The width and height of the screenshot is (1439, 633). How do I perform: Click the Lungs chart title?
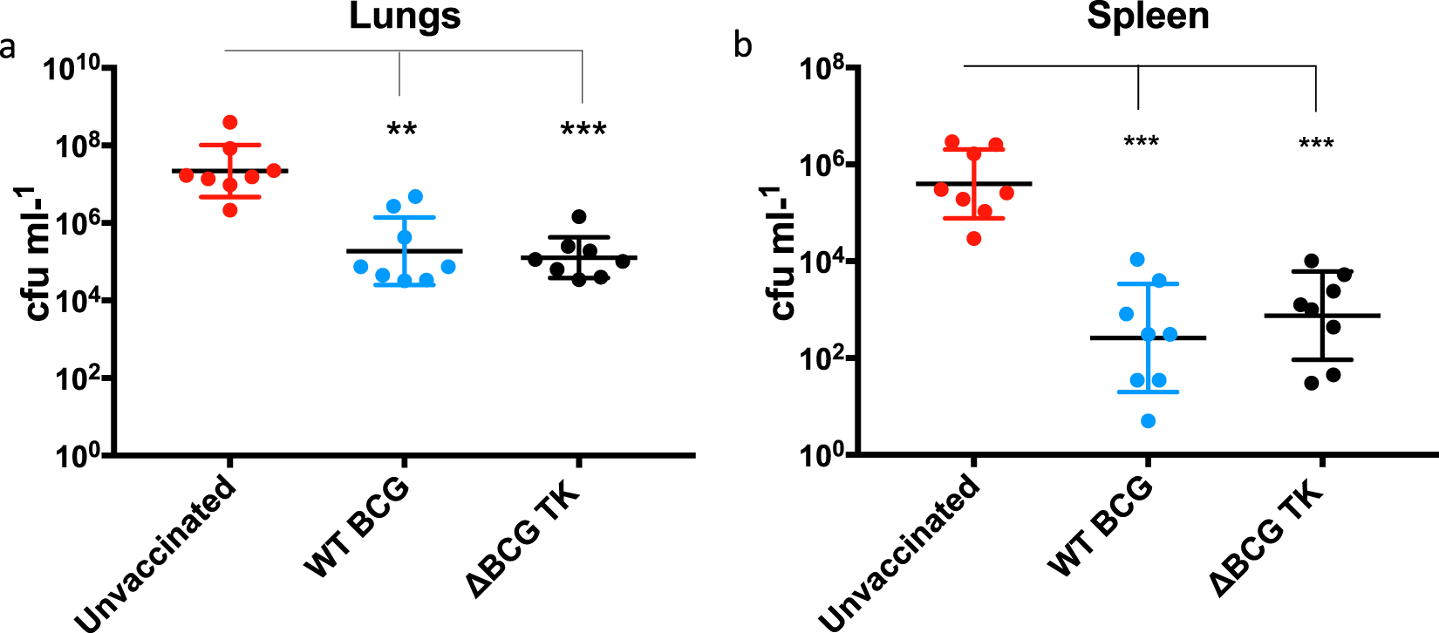coord(405,17)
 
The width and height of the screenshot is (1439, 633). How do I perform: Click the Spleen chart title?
coord(1148,17)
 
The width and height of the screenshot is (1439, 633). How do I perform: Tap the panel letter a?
coord(8,46)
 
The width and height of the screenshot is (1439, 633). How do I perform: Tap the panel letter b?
coord(742,45)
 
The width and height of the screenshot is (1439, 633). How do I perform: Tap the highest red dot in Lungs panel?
coord(230,122)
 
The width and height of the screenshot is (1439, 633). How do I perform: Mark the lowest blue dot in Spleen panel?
coord(1148,421)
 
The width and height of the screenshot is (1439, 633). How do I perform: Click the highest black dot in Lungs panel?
coord(579,216)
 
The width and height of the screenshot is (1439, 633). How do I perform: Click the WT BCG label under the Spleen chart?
coord(1101,527)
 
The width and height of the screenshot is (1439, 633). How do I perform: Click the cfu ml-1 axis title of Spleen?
coord(783,253)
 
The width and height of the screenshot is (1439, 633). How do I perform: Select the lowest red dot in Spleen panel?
coord(974,238)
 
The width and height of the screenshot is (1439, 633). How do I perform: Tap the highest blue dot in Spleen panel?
coord(1137,259)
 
